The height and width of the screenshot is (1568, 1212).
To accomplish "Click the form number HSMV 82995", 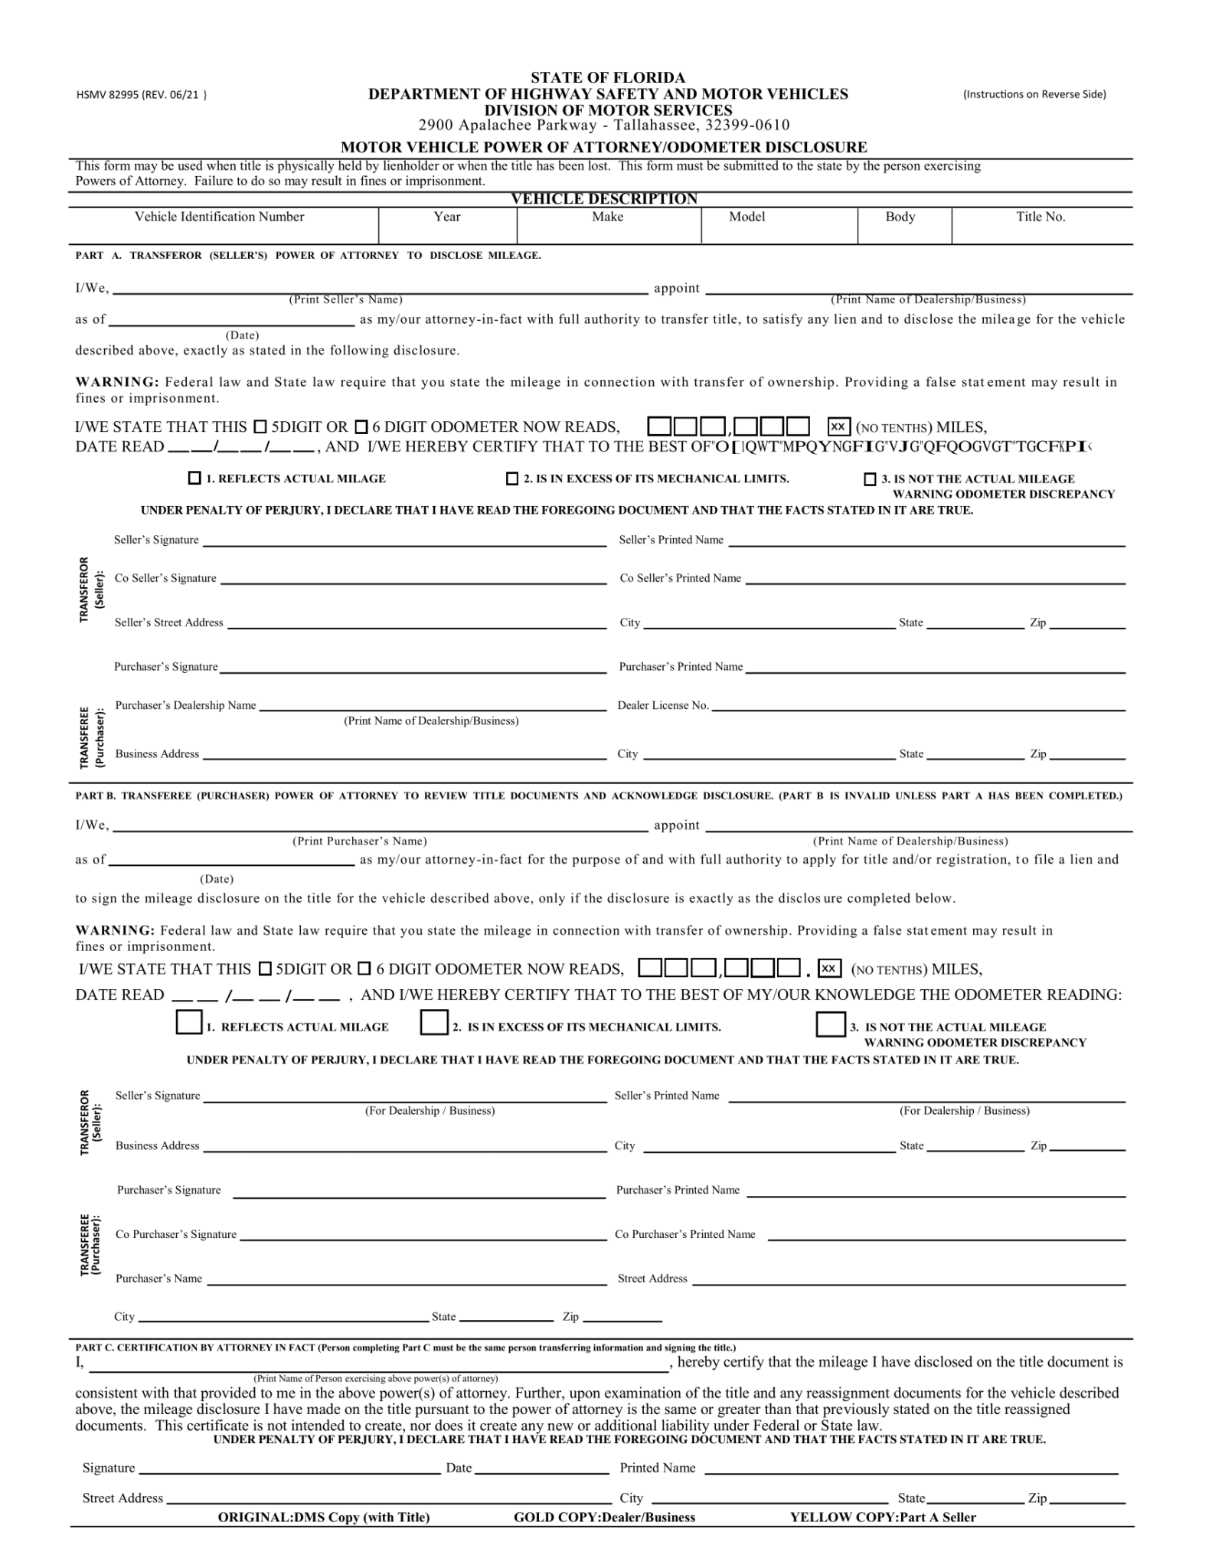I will click(x=141, y=95).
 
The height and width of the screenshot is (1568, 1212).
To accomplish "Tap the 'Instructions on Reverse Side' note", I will click(x=1034, y=94).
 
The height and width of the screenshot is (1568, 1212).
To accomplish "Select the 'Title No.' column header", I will click(x=1040, y=217).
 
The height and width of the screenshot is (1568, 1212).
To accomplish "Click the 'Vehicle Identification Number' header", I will click(x=220, y=217).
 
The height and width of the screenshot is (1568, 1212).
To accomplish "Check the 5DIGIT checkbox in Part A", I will click(x=260, y=426).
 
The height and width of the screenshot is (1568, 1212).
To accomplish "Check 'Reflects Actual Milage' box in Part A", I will click(x=194, y=479).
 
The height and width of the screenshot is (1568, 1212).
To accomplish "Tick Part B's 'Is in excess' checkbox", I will click(x=434, y=1023).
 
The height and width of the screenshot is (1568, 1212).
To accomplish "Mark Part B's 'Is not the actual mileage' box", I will click(x=831, y=1024).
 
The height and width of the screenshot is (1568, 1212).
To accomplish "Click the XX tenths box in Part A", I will click(x=839, y=426).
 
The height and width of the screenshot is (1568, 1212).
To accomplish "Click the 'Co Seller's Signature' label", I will click(x=165, y=578).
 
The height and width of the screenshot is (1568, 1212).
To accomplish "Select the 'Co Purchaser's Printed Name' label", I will click(x=685, y=1234).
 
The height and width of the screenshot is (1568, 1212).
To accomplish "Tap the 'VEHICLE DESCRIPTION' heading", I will click(x=604, y=199).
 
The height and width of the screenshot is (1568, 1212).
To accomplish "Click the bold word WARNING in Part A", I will click(x=117, y=382).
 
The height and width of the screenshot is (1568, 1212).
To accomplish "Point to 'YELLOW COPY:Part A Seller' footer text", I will click(x=883, y=1517).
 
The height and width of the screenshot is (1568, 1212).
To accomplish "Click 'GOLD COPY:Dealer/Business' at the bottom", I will click(x=604, y=1517).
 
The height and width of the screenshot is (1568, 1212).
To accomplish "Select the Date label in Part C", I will click(x=459, y=1468).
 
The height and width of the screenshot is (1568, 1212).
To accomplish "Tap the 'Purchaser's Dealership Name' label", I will click(x=186, y=705).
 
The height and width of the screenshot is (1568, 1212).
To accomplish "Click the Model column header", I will click(x=747, y=217).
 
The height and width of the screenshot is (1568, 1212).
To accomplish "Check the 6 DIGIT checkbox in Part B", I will click(x=364, y=969).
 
